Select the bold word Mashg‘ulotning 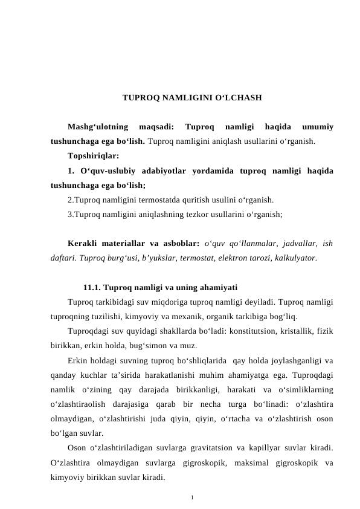pyautogui.click(x=98, y=128)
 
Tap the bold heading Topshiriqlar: pyautogui.click(x=94, y=156)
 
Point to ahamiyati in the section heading pyautogui.click(x=217, y=287)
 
